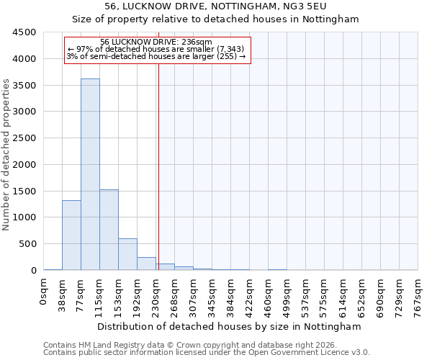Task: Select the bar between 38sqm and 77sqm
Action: (x=71, y=235)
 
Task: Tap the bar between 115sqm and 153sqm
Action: (x=109, y=230)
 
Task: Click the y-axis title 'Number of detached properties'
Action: (x=7, y=156)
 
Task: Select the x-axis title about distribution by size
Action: (x=230, y=326)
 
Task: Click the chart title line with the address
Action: (x=216, y=6)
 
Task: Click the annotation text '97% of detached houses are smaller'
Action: (x=156, y=49)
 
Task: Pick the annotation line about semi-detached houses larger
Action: (x=156, y=56)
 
